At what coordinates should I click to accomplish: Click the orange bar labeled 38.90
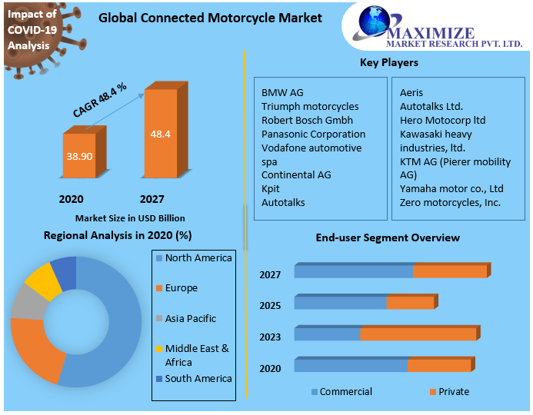click(79, 155)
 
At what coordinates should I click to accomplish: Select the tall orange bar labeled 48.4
click(161, 134)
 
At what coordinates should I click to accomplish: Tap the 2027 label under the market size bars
click(152, 199)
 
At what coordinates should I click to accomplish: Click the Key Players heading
click(389, 62)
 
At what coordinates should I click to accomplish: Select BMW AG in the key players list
click(282, 92)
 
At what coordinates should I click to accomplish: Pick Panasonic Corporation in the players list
click(313, 134)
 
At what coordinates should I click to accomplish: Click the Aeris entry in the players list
click(411, 92)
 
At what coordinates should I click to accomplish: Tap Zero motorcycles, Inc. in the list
click(450, 202)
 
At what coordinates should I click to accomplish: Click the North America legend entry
click(198, 258)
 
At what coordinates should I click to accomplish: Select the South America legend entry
click(198, 378)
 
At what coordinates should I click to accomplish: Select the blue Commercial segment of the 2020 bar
click(350, 365)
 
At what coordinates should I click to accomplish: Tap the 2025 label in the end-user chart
click(270, 306)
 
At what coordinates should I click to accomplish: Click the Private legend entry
click(453, 392)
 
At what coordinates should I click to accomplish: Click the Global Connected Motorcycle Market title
click(210, 18)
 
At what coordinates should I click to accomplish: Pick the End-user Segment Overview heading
click(388, 237)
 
